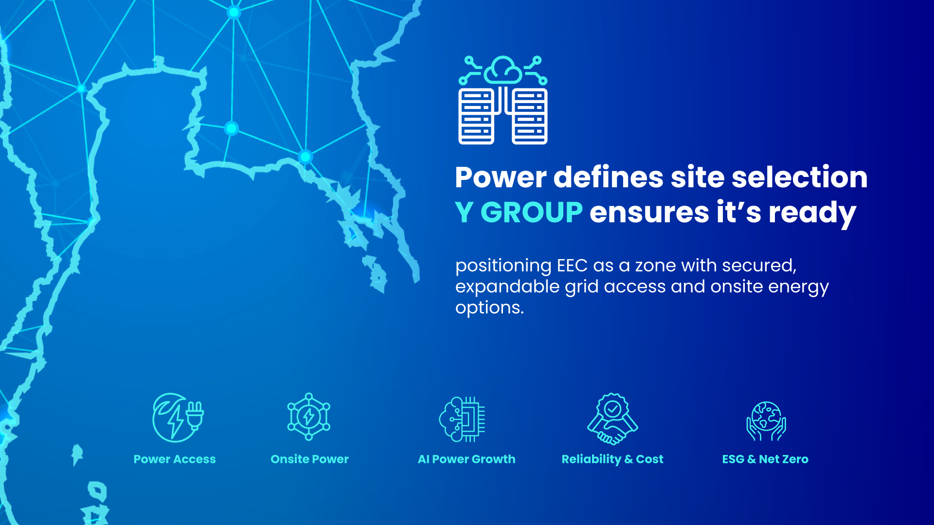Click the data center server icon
pyautogui.click(x=503, y=100)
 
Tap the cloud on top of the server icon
pyautogui.click(x=503, y=71)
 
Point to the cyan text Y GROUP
pyautogui.click(x=519, y=213)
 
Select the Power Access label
pyautogui.click(x=175, y=459)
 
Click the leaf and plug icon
pyautogui.click(x=178, y=418)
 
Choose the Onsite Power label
pyautogui.click(x=310, y=459)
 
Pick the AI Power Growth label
pyautogui.click(x=467, y=459)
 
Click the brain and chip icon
pyautogui.click(x=462, y=419)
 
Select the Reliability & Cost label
pyautogui.click(x=612, y=459)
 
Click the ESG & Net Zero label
pyautogui.click(x=765, y=459)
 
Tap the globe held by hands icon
pyautogui.click(x=766, y=421)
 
